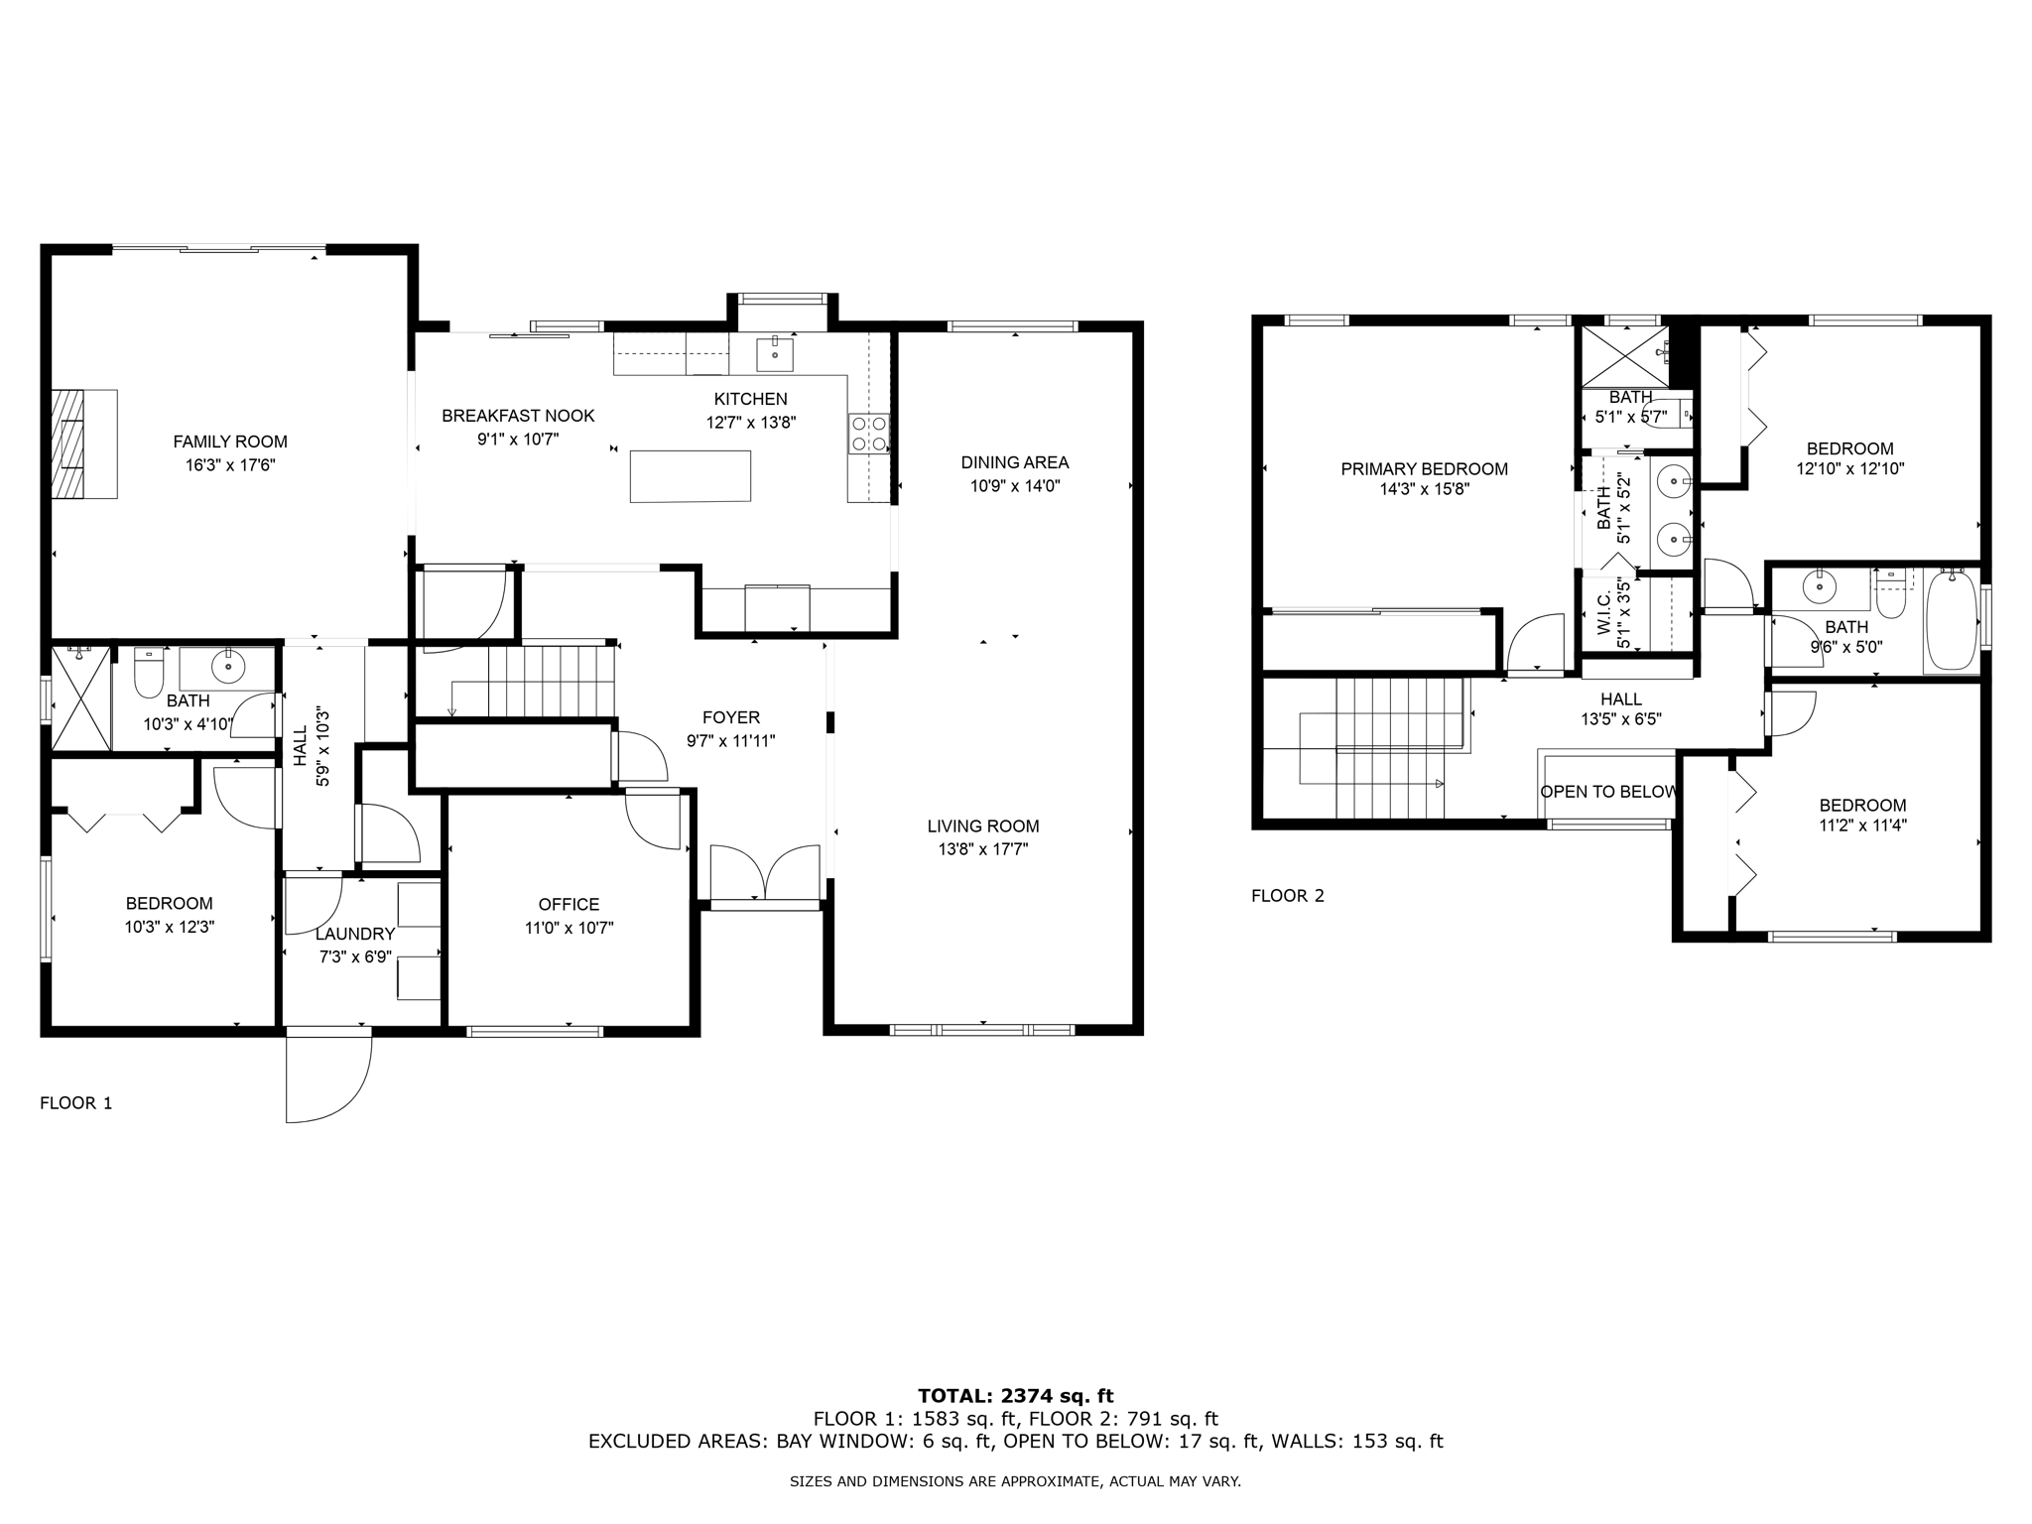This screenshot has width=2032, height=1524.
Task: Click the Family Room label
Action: [x=230, y=442]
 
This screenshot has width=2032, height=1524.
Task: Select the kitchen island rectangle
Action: [x=690, y=476]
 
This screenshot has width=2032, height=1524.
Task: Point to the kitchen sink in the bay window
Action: [x=775, y=352]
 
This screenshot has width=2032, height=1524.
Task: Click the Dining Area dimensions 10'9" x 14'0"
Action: [x=1015, y=486]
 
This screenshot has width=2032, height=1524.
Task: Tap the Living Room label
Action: [x=983, y=825]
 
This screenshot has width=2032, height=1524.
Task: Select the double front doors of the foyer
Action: [x=766, y=873]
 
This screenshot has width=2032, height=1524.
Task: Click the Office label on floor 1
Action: [x=569, y=904]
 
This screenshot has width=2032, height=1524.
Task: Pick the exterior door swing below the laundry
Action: [x=328, y=1077]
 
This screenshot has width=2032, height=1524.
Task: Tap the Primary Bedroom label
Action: [x=1424, y=468]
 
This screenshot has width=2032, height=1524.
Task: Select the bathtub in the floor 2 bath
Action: [x=1952, y=622]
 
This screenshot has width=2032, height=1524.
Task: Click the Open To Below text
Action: [x=1607, y=792]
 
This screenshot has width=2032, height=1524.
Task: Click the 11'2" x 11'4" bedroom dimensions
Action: [x=1862, y=825]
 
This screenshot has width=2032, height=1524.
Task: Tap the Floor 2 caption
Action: [x=1287, y=895]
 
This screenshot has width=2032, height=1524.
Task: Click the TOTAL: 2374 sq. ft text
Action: [x=1015, y=1396]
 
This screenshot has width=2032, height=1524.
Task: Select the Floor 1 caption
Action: [x=76, y=1102]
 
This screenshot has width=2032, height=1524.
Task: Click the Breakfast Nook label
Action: [x=518, y=416]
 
